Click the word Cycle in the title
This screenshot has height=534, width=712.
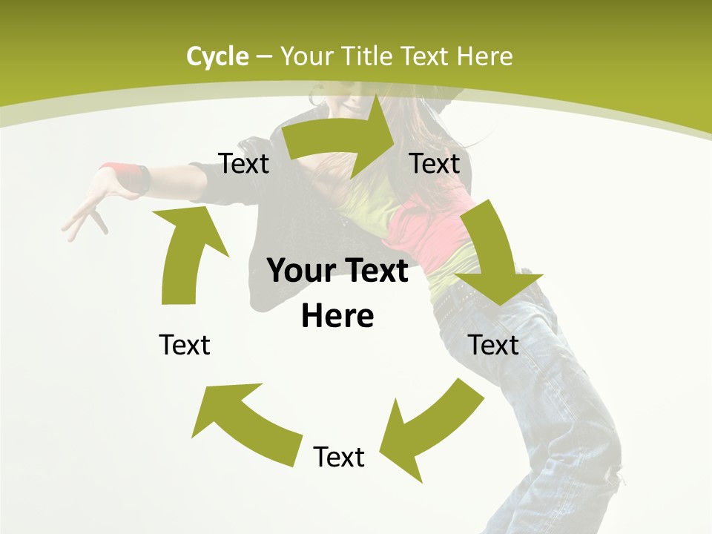tap(217, 56)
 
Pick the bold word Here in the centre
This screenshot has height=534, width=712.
tap(337, 317)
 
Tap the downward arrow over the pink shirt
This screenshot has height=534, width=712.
tap(492, 252)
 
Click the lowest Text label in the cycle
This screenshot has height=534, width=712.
tap(339, 457)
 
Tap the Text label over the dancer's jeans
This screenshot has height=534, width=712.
tap(494, 345)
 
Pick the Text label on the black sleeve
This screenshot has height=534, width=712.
tap(244, 163)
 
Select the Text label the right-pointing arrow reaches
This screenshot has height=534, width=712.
tap(435, 163)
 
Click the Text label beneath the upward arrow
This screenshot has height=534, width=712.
tap(185, 345)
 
